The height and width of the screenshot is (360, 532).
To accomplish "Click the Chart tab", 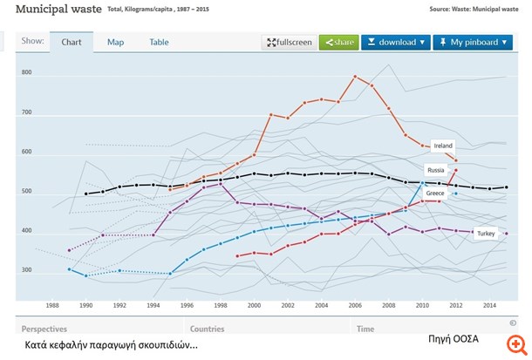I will coord(72,42).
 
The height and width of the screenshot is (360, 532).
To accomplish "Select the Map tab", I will coord(115,42).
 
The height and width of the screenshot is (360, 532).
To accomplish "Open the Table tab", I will coord(159,42).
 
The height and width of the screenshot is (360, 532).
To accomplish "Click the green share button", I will coord(338,42).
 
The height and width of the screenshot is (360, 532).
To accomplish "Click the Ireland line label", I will coord(443,146).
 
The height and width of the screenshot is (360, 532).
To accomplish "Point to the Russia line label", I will coord(436,169).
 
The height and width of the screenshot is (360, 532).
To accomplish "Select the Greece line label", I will coord(435,192).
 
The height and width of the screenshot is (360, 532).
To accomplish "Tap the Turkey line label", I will coord(486,234).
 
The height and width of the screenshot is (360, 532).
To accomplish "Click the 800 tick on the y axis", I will coord(26,73).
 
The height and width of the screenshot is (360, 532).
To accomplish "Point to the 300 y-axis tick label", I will coord(26,270).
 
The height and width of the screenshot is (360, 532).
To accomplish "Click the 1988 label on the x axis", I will coord(52,306).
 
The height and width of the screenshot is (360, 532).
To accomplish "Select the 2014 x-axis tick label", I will coord(489,306).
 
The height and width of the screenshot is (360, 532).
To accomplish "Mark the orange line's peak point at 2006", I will coord(354,77).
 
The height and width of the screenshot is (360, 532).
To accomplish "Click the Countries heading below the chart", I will coord(208,329).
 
